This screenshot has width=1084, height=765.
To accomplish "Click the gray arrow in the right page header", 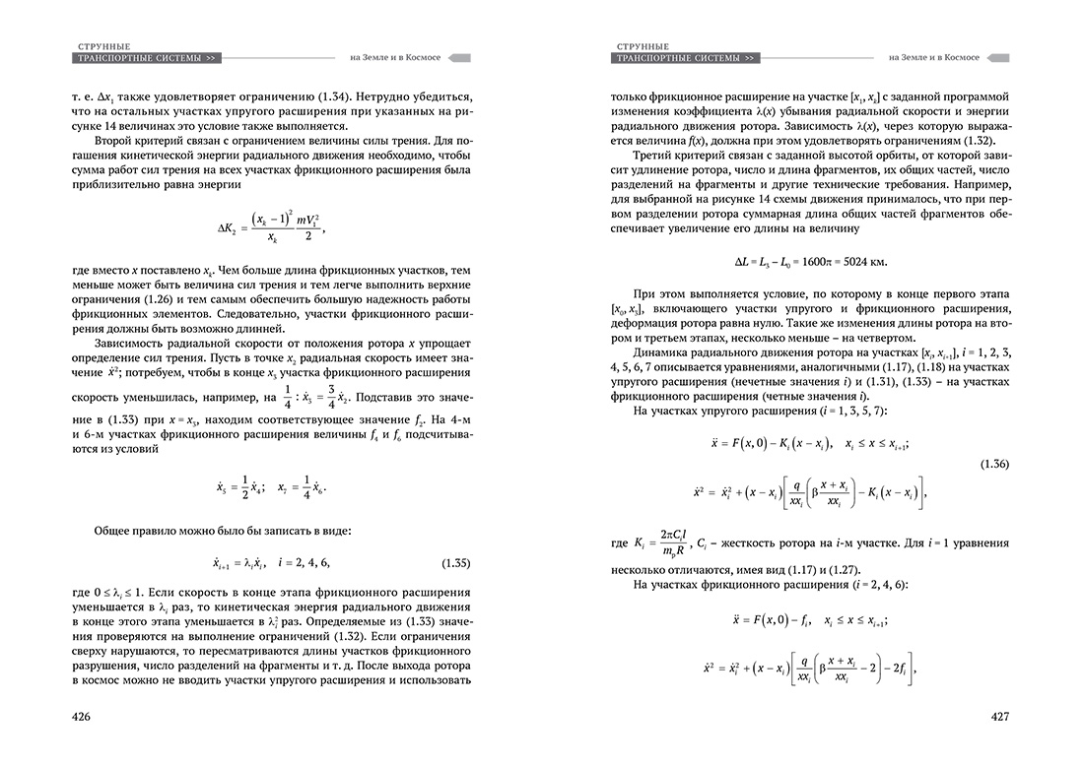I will click(996, 58).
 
